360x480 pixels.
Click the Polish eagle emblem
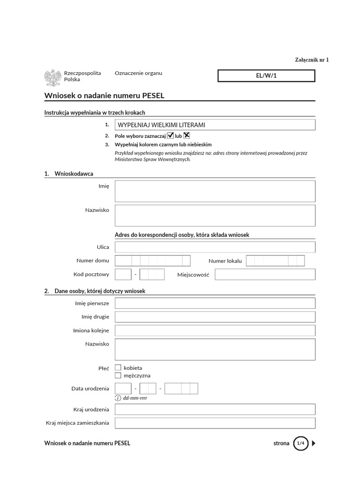coord(52,77)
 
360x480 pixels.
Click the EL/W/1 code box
coord(266,75)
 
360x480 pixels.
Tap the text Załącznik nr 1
coord(312,60)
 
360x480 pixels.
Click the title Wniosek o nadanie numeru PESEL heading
coord(104,96)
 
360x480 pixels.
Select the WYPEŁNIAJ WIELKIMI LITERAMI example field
coord(215,125)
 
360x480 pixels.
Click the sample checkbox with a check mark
coord(171,135)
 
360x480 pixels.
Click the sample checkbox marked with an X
coord(187,135)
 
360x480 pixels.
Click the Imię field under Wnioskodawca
coord(215,191)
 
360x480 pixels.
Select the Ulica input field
coord(215,247)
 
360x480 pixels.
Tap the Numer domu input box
coord(152,261)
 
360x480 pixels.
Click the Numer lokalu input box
coord(275,261)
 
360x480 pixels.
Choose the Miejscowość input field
coord(265,274)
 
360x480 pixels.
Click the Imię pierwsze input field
coord(215,303)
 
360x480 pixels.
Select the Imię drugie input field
coord(215,317)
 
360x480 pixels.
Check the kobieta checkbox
coord(118,367)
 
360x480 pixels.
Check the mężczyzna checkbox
coord(118,375)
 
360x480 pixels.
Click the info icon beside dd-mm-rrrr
coord(118,398)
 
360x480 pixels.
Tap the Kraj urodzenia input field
coord(215,409)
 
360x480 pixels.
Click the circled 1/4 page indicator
coord(300,443)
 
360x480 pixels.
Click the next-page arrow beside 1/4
coord(314,443)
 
